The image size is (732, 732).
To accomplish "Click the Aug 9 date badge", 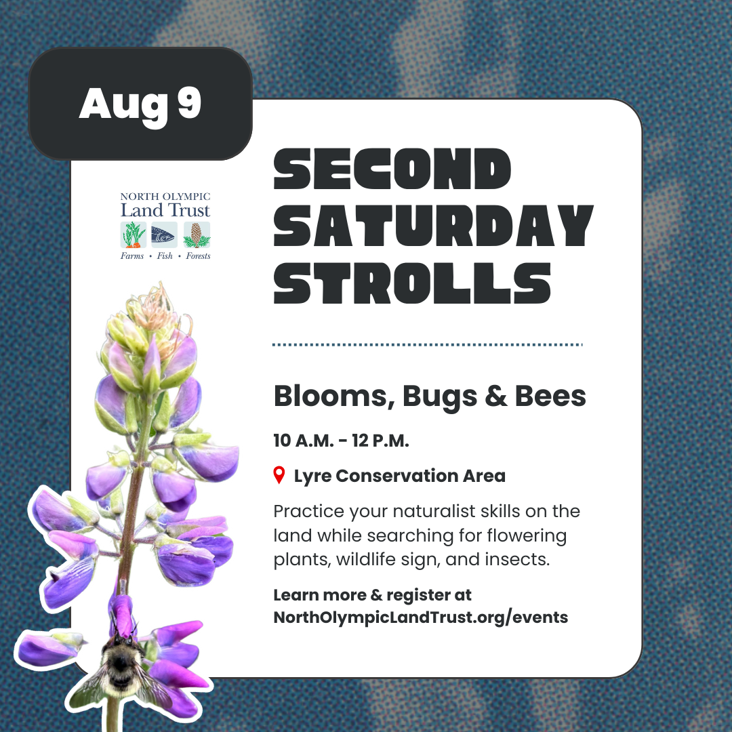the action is tap(140, 104).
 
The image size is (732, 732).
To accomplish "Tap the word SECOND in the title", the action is tap(392, 169).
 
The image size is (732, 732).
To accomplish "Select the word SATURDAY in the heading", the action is tap(433, 226).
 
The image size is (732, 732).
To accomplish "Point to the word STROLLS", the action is tap(412, 283).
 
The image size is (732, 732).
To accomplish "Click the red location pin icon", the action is tap(279, 474).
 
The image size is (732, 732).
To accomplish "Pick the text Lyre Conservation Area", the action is tap(400, 476).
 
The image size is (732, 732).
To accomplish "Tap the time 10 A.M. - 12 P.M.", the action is tap(341, 441).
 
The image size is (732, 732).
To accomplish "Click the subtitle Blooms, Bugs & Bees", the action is tap(430, 396).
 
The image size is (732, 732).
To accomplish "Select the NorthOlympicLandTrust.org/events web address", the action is tap(421, 617).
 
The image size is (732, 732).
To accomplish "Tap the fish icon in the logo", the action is tap(164, 235).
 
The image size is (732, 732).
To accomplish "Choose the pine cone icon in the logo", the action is tap(197, 235).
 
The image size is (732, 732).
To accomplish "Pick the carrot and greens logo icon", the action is tap(134, 235).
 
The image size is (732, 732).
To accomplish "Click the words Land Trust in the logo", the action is tap(165, 210).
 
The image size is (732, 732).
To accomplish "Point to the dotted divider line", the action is tap(428, 345).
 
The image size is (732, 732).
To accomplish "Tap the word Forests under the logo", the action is tap(198, 256).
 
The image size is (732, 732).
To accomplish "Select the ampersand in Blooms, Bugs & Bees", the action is tap(495, 396).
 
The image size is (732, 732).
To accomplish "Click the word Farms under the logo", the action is tap(132, 256).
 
